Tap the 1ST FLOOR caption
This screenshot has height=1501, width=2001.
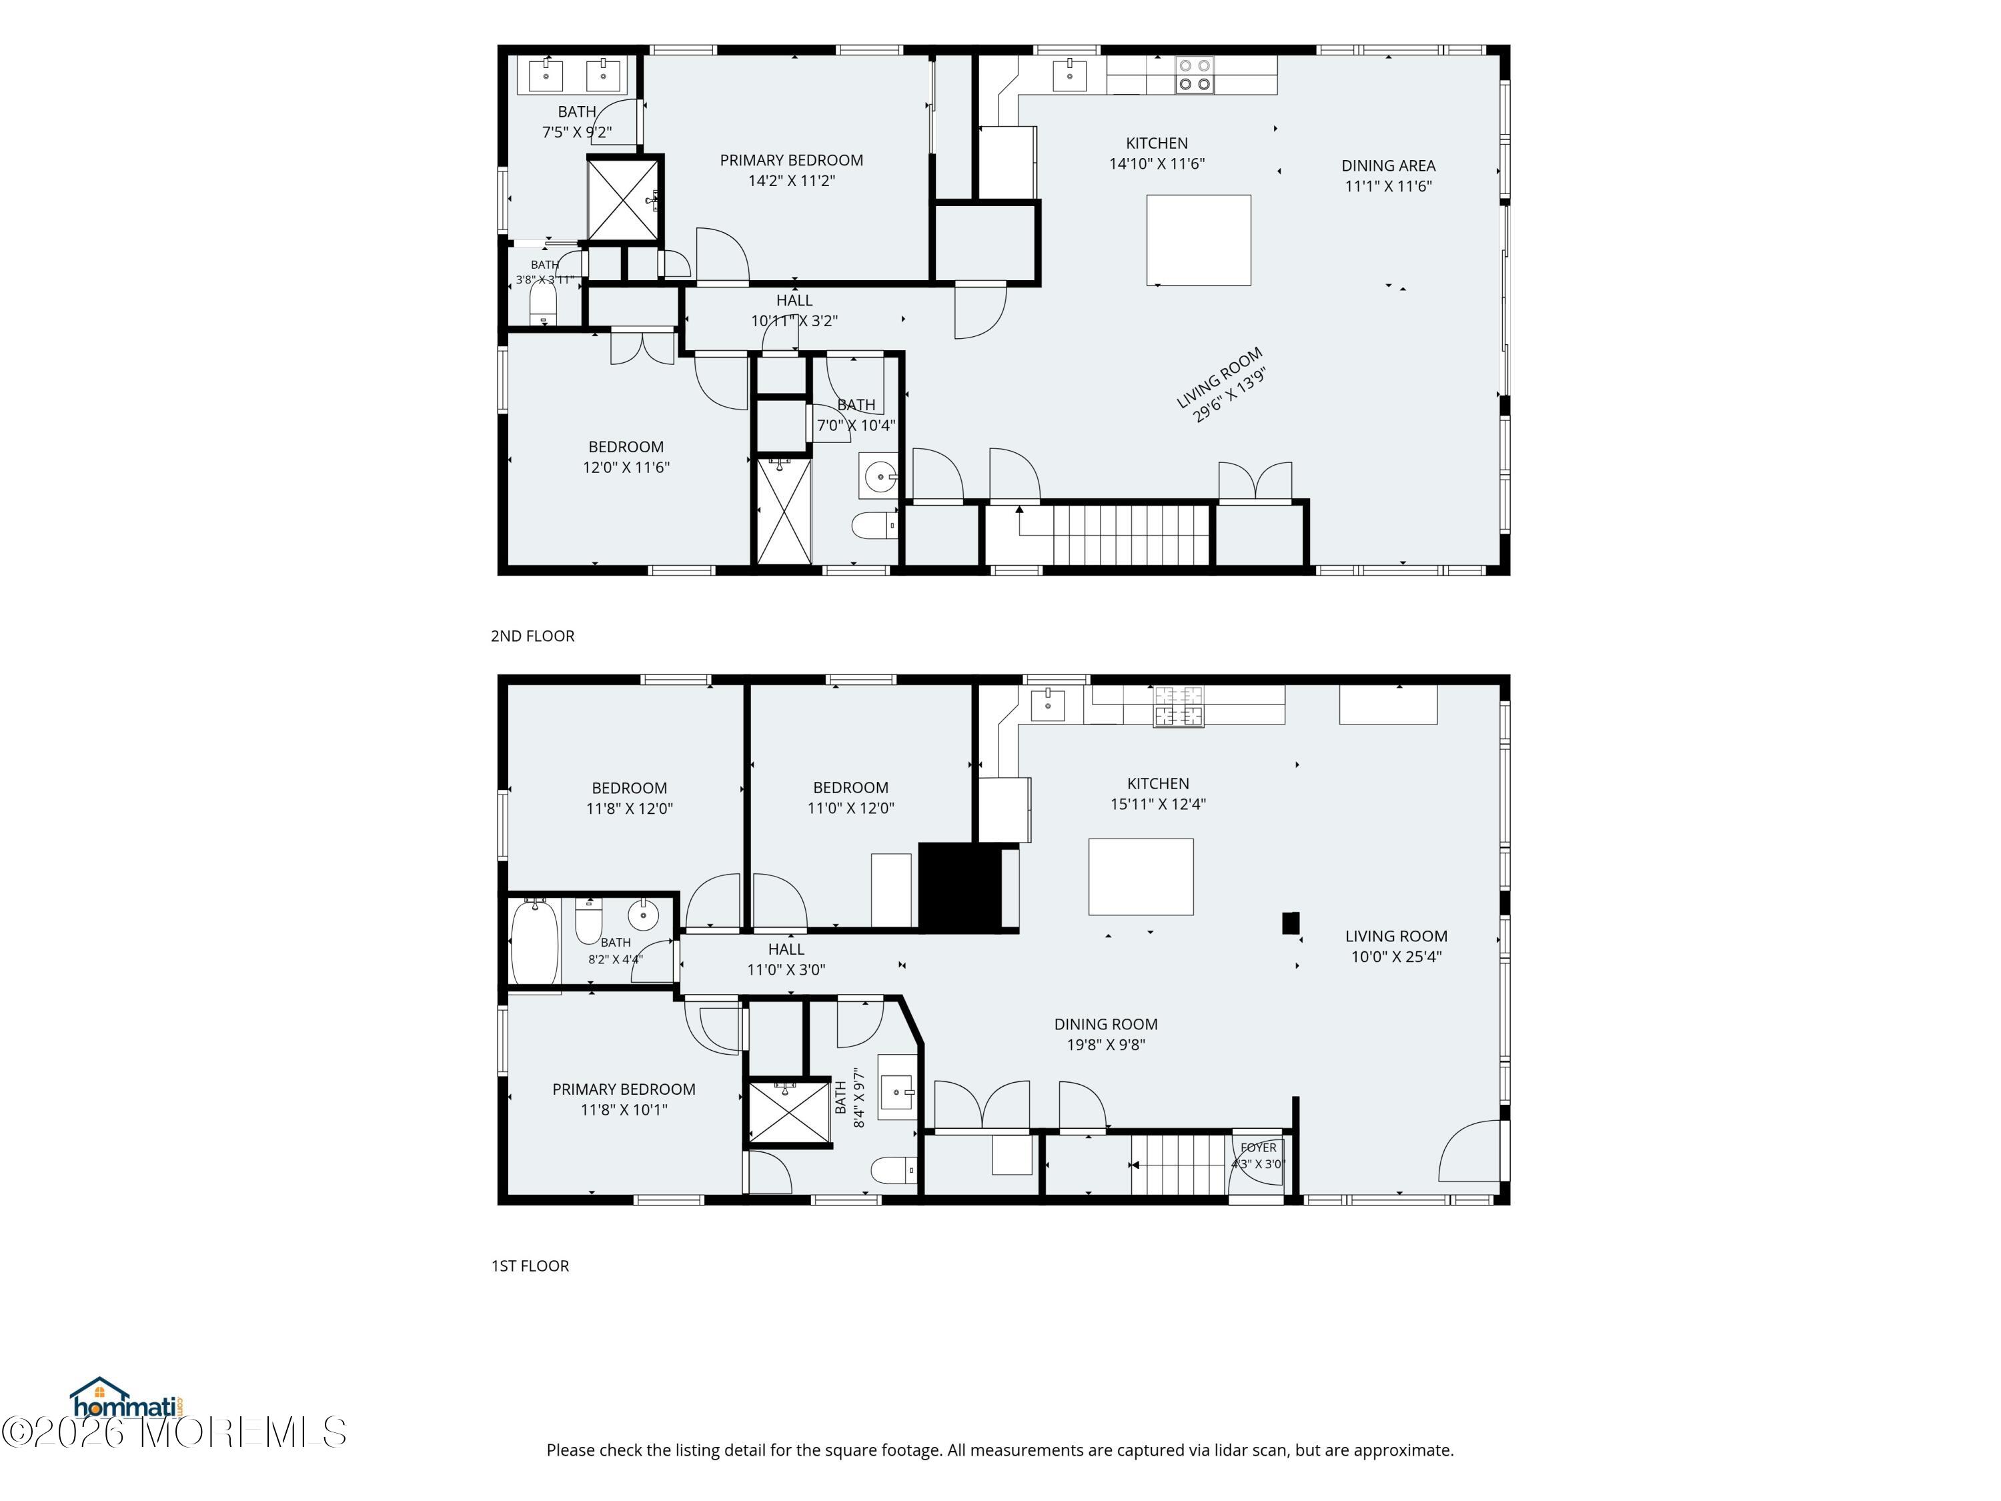point(530,1266)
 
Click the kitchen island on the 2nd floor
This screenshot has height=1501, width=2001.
point(1199,239)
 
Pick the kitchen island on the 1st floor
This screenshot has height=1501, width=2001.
point(1141,877)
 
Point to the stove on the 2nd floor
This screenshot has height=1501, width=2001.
point(1194,75)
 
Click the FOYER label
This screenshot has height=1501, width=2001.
point(1259,1147)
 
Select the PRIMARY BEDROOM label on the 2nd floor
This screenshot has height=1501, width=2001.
point(792,160)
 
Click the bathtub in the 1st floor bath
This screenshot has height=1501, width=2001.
point(535,942)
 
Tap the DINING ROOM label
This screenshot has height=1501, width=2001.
point(1105,1024)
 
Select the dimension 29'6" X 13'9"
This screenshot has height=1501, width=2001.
point(1229,396)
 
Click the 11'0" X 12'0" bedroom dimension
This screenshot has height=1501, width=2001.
point(850,808)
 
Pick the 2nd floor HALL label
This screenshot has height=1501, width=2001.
point(794,300)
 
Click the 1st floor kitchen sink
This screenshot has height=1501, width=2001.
point(1048,704)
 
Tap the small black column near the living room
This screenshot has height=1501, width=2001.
point(1291,923)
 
